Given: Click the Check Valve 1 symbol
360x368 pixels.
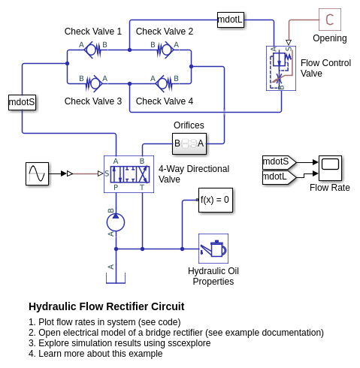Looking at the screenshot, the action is tap(92, 50).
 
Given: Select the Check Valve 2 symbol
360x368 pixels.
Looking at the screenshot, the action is tap(165, 50).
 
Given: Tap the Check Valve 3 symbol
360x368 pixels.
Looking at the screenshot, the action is tap(94, 83).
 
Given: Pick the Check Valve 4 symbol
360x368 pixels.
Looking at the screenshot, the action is tap(164, 83).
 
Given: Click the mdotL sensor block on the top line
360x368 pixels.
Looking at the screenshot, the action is tap(231, 20).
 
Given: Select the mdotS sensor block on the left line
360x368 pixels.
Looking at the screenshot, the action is tap(22, 102).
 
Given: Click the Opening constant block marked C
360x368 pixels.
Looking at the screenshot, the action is tap(330, 20).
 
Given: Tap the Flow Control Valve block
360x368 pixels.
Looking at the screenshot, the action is tap(281, 68).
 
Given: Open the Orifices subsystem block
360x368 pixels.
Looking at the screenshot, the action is tap(189, 143).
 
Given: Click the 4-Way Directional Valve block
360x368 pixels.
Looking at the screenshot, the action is tap(129, 174).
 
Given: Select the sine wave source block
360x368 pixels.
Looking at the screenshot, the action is tap(37, 173).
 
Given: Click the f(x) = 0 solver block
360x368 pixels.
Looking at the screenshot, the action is tap(216, 200).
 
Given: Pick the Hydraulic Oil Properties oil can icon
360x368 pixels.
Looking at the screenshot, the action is tap(213, 249).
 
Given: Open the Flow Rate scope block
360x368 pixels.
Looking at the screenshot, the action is tap(330, 167).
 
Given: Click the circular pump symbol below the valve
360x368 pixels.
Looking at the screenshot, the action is tap(116, 222).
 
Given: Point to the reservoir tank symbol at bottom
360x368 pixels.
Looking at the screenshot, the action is tap(116, 278).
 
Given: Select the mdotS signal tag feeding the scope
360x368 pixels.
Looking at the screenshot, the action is tap(280, 162).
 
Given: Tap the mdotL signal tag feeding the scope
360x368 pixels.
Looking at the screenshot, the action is tap(280, 177).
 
